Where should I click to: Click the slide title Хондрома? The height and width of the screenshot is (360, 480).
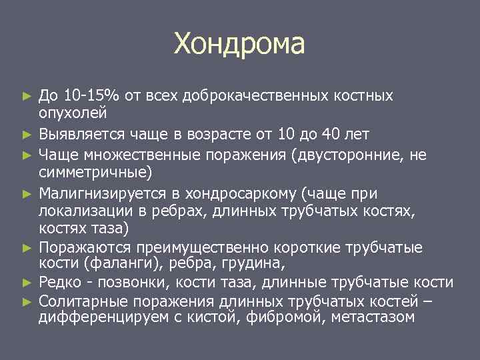(239, 44)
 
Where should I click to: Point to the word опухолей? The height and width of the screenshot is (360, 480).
(70, 112)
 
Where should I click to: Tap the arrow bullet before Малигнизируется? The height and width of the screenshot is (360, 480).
(27, 195)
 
